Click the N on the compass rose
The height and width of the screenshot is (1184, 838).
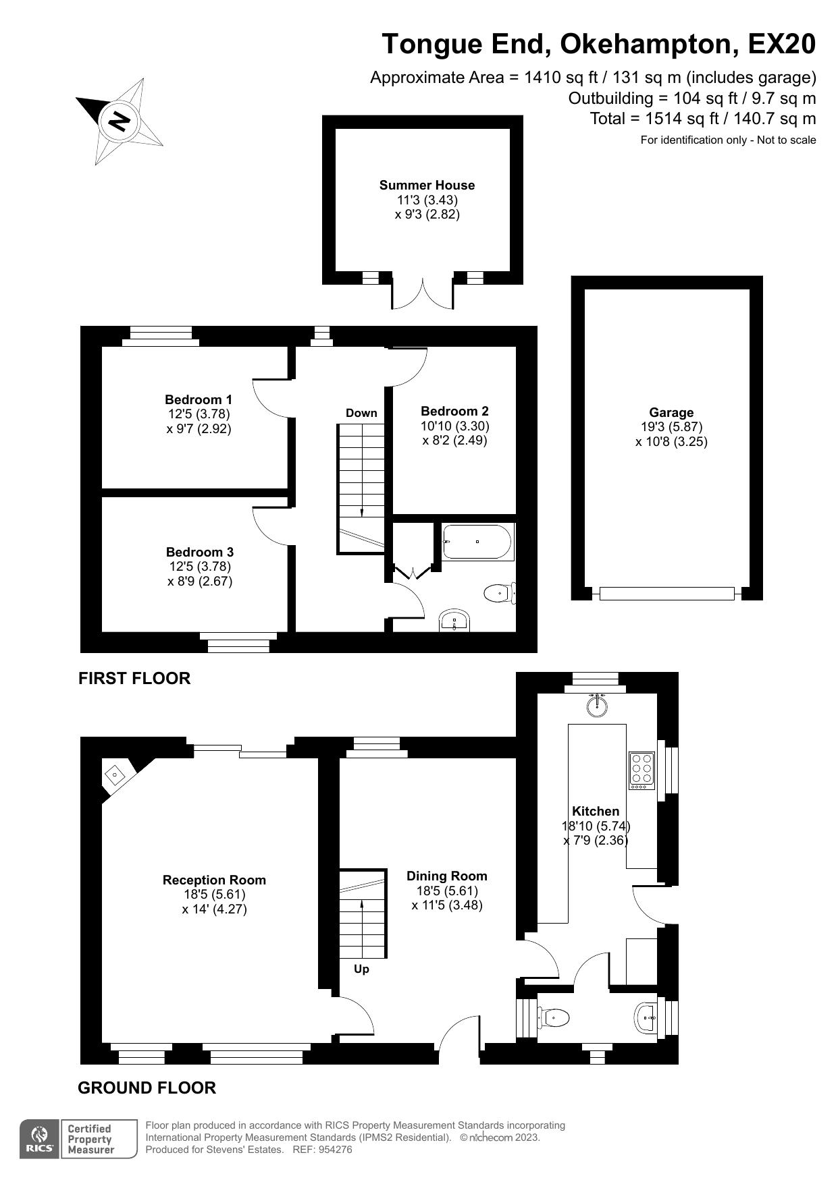(120, 121)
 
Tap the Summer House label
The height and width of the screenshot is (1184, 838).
(427, 185)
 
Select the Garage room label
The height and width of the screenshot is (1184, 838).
(671, 412)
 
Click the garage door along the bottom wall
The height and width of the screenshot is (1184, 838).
(666, 594)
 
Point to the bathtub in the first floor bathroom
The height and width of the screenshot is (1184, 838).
(477, 542)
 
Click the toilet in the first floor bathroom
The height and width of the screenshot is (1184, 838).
(499, 594)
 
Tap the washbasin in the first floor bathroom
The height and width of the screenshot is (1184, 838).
(455, 621)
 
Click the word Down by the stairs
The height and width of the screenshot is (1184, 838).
(361, 413)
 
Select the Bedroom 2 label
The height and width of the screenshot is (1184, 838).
(454, 411)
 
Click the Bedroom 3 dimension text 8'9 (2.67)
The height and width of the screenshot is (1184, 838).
(200, 581)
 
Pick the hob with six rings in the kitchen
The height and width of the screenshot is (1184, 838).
(641, 770)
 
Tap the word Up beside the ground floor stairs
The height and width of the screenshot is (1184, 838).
(361, 969)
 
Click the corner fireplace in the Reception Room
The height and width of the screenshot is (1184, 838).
(115, 774)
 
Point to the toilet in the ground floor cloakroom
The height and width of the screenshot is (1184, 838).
(554, 1017)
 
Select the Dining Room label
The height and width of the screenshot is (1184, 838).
(446, 876)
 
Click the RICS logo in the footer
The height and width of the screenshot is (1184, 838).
(40, 1139)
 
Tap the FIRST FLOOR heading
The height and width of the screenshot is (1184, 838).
(134, 678)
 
